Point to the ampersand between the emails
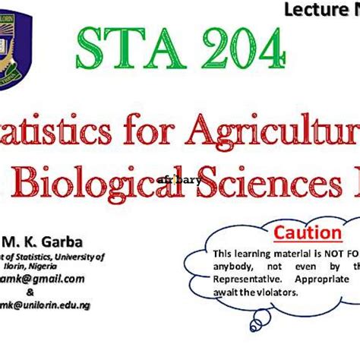pos(30,292)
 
